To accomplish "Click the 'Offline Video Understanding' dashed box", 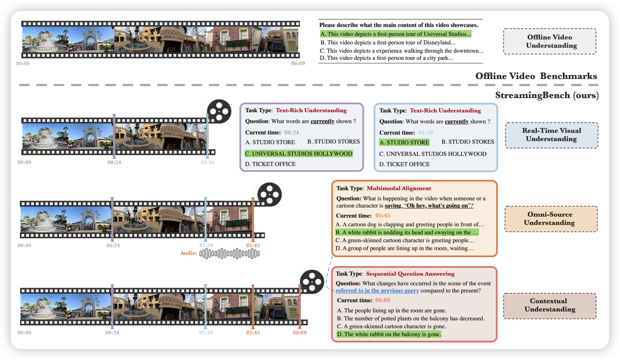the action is pos(550,41).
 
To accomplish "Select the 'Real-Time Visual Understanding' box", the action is pos(552,135).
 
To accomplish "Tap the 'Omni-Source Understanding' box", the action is pos(551,219).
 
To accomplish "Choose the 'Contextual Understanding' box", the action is pos(550,306).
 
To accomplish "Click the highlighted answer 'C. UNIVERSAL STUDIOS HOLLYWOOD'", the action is pos(299,154).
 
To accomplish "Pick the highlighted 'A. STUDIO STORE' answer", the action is pos(404,142).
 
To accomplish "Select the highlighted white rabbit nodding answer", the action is pos(407,232).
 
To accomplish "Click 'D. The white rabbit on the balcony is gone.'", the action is pos(389,334).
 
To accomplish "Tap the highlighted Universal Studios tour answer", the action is pos(396,34).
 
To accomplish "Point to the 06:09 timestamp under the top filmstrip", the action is pos(298,63).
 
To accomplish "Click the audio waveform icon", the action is pos(229,254).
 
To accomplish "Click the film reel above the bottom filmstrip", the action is pos(312,282).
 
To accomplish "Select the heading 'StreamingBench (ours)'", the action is pos(547,95).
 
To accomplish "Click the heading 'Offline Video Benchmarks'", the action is pos(536,76).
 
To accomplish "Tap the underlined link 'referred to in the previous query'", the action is pos(377,291).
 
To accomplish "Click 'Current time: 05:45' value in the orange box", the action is pos(383,216).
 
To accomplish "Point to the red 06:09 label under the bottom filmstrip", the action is pos(299,332).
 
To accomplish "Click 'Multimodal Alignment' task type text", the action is pos(399,188).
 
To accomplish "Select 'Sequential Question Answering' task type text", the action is pos(410,274).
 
